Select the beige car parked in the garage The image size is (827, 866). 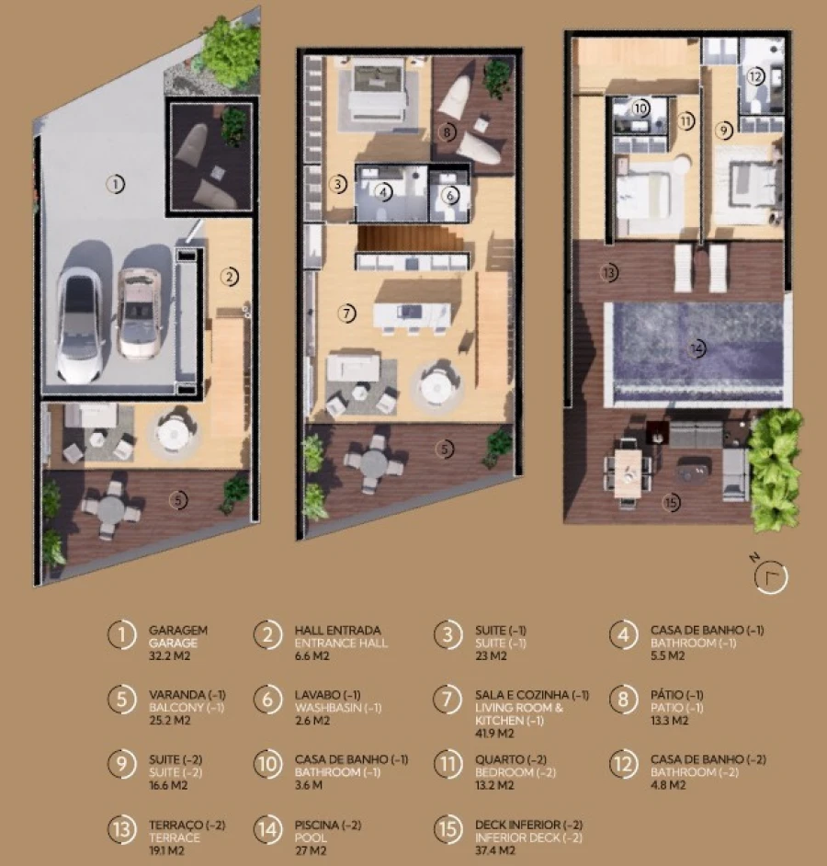[139, 313]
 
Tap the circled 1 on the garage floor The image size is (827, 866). [114, 184]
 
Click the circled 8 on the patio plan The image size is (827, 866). [447, 131]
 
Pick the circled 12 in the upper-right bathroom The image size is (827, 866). [754, 77]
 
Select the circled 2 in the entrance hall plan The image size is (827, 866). [230, 274]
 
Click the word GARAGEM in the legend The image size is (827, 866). [177, 631]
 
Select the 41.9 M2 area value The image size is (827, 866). [494, 734]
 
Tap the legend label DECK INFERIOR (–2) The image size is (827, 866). [528, 825]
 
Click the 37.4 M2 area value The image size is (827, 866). [496, 850]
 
